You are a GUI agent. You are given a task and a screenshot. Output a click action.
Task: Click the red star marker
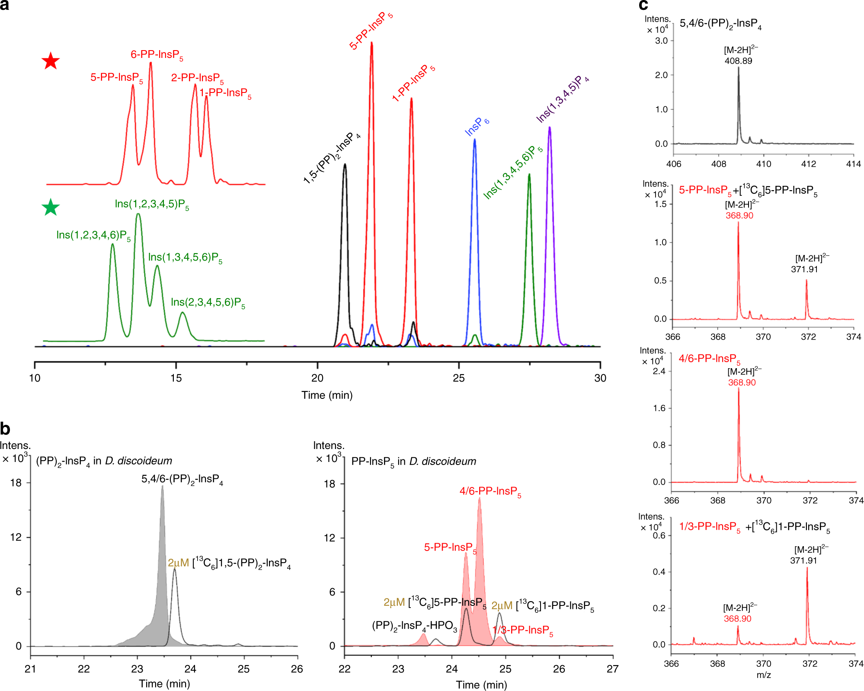pyautogui.click(x=51, y=61)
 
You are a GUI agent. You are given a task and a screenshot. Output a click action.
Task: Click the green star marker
pyautogui.click(x=51, y=207)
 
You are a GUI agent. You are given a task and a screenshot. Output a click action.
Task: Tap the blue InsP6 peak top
pyautogui.click(x=474, y=140)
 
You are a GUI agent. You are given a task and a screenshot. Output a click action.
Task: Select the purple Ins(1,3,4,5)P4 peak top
pyautogui.click(x=549, y=127)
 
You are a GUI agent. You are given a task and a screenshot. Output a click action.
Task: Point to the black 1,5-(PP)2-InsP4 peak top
pyautogui.click(x=345, y=164)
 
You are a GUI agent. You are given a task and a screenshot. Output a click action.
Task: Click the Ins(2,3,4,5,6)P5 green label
pyautogui.click(x=208, y=303)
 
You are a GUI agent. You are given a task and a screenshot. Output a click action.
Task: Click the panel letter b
pyautogui.click(x=5, y=429)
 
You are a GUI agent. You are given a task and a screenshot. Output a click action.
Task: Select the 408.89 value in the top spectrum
pyautogui.click(x=738, y=61)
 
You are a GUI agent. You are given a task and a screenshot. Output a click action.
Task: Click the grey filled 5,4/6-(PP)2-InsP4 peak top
pyautogui.click(x=163, y=486)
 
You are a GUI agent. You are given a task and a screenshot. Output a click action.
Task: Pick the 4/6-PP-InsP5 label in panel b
pyautogui.click(x=490, y=491)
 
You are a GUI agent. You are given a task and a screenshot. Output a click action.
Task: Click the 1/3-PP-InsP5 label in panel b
pyautogui.click(x=523, y=630)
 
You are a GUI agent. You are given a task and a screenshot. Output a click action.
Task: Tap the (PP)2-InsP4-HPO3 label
pyautogui.click(x=414, y=626)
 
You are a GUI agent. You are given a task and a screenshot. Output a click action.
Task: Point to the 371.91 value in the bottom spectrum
pyautogui.click(x=803, y=560)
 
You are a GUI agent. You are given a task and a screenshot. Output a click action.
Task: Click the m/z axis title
pyautogui.click(x=764, y=675)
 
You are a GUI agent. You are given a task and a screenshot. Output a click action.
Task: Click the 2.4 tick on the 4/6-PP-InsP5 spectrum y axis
pyautogui.click(x=659, y=371)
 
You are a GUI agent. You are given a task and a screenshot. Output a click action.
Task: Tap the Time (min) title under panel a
pyautogui.click(x=327, y=395)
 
